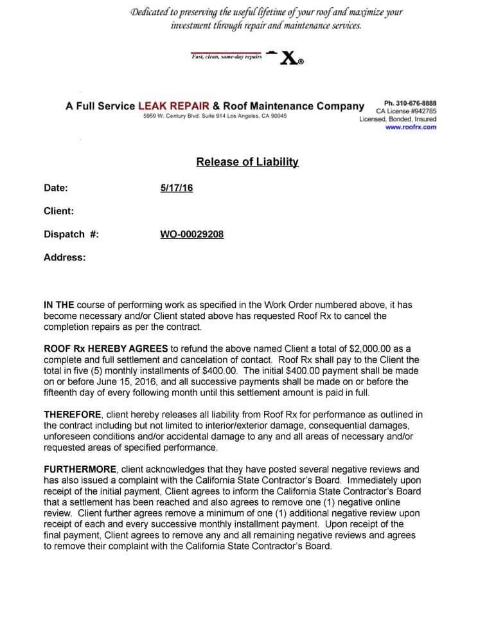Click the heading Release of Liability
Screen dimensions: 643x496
247,162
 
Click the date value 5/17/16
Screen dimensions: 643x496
176,188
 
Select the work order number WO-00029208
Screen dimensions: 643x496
191,234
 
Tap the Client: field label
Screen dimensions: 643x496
58,211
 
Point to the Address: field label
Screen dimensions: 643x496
64,257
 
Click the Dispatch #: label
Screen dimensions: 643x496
71,234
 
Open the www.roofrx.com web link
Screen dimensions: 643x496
411,127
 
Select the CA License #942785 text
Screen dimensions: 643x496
406,111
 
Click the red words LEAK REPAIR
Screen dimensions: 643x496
173,106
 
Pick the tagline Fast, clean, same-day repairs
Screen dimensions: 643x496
226,57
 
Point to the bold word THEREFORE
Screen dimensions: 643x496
73,415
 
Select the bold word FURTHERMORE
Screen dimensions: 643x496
80,469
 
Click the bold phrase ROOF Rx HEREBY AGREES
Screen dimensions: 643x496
106,349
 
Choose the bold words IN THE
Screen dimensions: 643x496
58,305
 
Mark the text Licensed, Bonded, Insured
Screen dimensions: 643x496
398,119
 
